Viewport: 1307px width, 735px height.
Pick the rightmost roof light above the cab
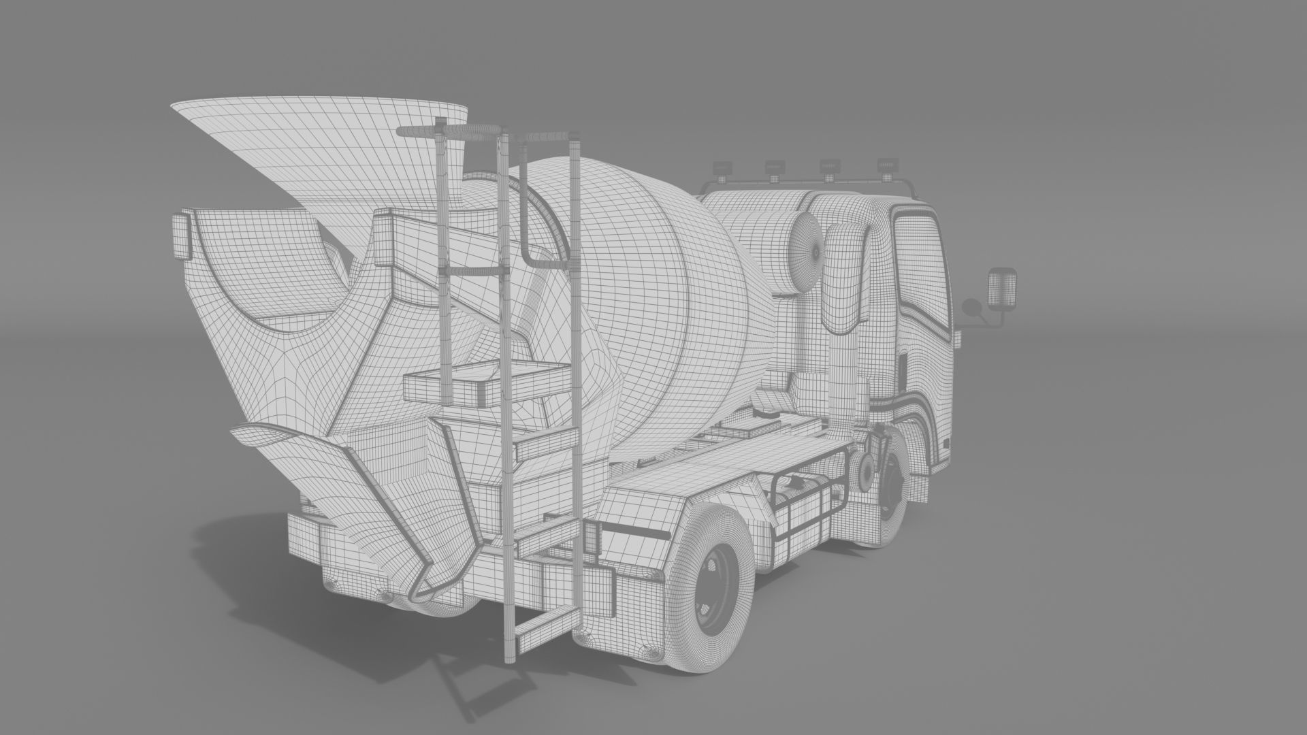point(886,165)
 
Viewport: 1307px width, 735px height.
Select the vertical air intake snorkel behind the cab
point(844,320)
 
